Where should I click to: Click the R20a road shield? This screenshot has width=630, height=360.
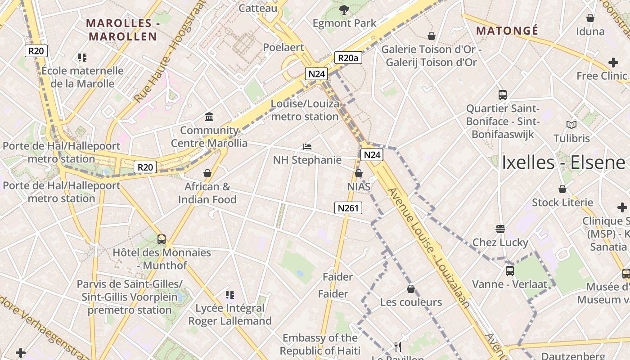pos(348,58)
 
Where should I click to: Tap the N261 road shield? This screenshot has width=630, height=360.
pos(348,207)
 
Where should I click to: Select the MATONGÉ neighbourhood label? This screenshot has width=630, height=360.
pos(507,31)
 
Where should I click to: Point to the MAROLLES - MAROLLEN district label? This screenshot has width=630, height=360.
pos(122,30)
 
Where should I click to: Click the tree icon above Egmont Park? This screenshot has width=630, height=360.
pos(344,9)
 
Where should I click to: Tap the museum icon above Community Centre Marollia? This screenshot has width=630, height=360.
pos(209,117)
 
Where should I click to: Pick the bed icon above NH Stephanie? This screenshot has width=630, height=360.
pos(307,147)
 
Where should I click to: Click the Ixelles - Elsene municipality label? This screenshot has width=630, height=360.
pos(563,162)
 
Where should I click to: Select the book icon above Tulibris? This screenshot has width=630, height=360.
pos(571,125)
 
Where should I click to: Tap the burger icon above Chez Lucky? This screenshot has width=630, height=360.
pos(500,229)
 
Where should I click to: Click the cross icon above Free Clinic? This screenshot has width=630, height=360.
pos(613,63)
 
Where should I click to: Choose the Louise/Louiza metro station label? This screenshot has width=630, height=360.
pos(305,110)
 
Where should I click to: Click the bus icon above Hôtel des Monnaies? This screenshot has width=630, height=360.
pos(162,239)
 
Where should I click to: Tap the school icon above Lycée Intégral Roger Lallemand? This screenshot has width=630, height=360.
pos(230,295)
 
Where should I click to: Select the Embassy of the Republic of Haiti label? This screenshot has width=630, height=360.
pos(320,344)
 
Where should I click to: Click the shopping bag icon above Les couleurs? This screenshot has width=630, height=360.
pos(410,288)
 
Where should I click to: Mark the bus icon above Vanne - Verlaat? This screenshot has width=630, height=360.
pos(509,270)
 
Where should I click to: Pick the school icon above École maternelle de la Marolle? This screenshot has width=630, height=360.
pos(82,57)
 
